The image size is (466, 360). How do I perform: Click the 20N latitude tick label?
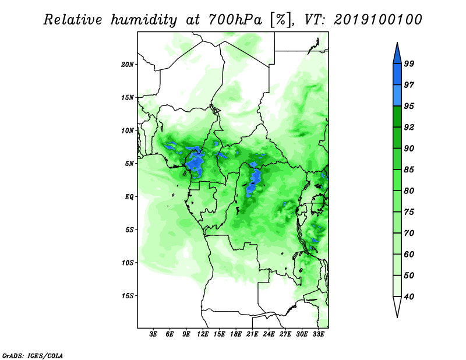pos(128,65)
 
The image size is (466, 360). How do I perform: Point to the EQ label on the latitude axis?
pos(129,197)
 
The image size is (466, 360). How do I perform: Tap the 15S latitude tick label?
pos(128,296)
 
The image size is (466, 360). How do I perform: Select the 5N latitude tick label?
pos(129,164)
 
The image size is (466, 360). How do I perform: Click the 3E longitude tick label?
pos(153,334)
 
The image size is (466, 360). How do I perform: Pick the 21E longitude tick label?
pos(252,334)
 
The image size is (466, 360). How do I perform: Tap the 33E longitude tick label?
pos(318,334)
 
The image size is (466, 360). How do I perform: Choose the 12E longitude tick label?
pos(203,334)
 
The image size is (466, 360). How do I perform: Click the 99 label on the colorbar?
pos(409,63)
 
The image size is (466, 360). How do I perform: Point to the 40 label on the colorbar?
pos(409,297)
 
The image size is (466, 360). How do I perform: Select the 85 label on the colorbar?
pos(409,170)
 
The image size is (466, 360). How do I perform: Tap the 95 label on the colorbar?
pos(409,106)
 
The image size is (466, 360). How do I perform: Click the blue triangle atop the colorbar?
pos(397,55)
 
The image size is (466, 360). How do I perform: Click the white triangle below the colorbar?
pos(397,305)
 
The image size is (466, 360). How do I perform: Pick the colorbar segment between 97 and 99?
pos(397,75)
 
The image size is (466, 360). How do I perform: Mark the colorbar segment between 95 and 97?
pos(397,96)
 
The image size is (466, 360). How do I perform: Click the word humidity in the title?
pos(144,20)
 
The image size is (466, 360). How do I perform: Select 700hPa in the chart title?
pos(235,20)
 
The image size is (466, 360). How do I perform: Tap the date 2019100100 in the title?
pos(377,20)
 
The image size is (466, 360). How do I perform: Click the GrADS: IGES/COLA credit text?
pos(33,355)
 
